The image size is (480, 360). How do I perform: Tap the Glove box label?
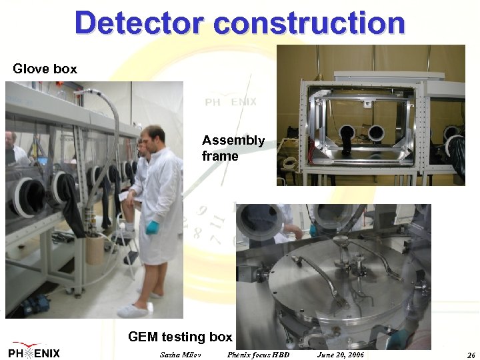coord(45,69)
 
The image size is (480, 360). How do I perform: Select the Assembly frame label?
coord(233,148)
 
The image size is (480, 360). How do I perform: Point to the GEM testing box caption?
coord(180,337)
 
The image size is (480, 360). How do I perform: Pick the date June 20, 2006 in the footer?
coord(341,354)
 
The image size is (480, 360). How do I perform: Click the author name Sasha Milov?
coord(181,354)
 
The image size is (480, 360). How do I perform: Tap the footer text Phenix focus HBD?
coord(259,354)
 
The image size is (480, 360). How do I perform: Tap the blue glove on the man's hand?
coord(153,227)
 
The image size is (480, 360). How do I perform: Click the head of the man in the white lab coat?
coord(154,138)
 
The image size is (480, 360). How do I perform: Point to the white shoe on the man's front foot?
coord(132,310)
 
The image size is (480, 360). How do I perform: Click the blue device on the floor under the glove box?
coord(34,305)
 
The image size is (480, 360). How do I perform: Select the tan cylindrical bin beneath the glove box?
coord(94,249)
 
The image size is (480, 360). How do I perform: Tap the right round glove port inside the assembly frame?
coord(377,133)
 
